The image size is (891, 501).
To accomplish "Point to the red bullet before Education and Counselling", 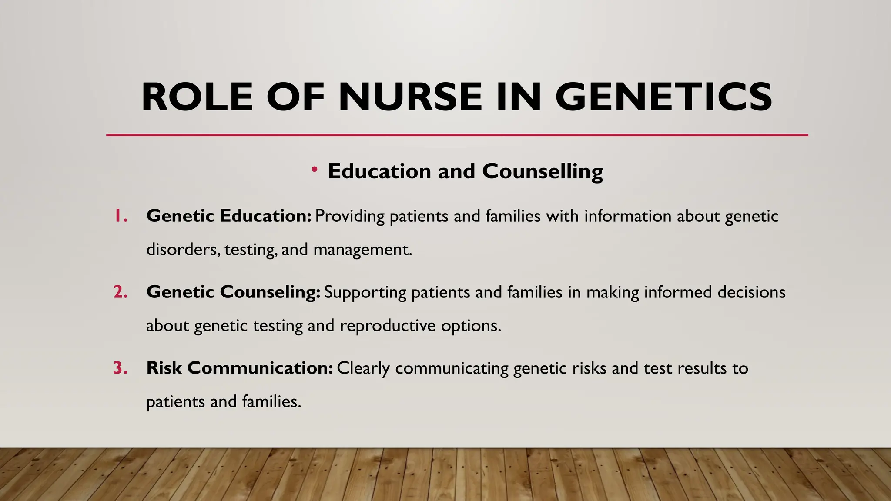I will click(314, 169).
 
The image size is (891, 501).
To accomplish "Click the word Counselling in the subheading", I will click(543, 171).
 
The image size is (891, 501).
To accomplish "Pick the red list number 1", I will click(120, 216).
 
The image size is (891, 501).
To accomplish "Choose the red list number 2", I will click(121, 292).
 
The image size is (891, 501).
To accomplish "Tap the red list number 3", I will click(121, 368).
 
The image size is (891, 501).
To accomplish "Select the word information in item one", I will click(628, 216).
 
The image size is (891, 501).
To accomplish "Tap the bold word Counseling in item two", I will click(270, 292).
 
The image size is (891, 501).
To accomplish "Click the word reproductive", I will click(388, 326).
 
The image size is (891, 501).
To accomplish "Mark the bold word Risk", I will click(164, 368).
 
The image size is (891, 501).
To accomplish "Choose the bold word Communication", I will click(260, 368).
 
